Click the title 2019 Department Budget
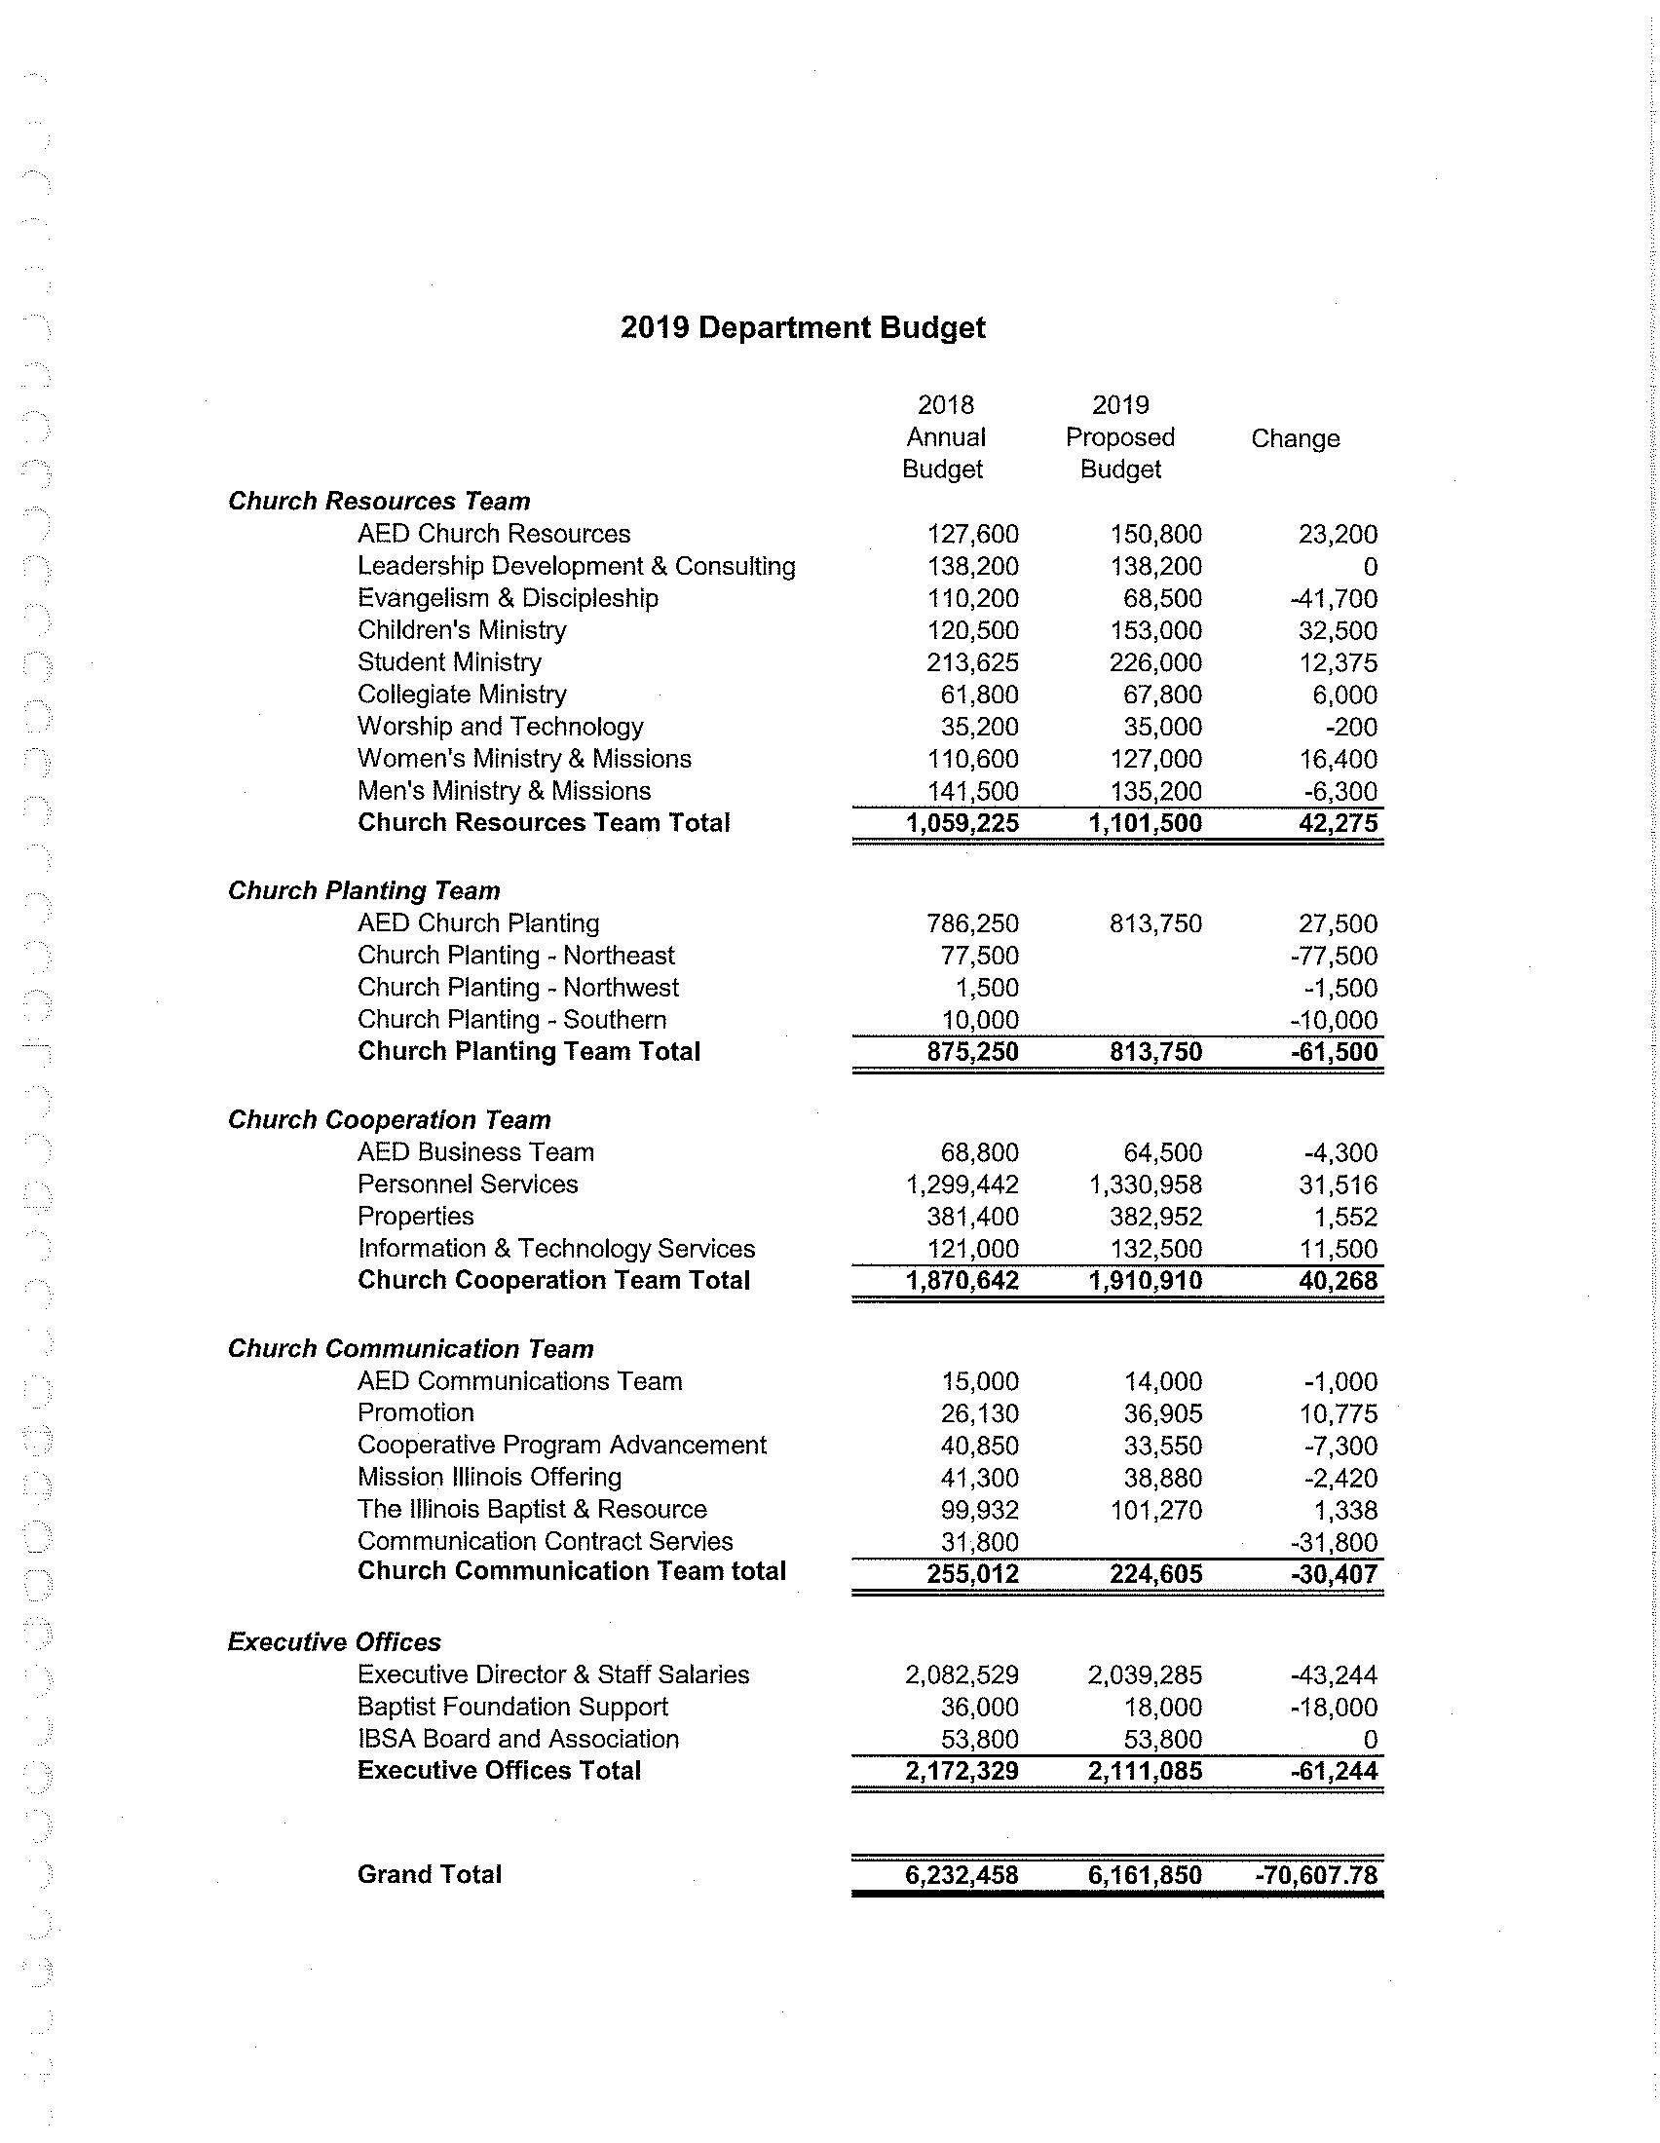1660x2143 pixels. (802, 327)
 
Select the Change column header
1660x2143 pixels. (1294, 438)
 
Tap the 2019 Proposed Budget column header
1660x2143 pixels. (1119, 437)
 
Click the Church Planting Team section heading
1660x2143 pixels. (364, 891)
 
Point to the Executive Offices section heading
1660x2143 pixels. (334, 1642)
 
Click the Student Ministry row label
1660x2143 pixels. (449, 662)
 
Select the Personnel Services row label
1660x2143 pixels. (468, 1184)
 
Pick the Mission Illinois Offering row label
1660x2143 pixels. (490, 1478)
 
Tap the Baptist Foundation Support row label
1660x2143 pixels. (512, 1708)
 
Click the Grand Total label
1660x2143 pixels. (429, 1875)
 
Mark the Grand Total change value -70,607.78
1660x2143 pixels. (1316, 1876)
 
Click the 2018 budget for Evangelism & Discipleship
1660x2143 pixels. (972, 598)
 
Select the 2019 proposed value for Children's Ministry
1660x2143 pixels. (1154, 631)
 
